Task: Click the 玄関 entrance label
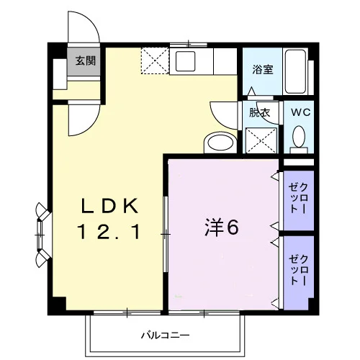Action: (86, 60)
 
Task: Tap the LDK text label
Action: (110, 206)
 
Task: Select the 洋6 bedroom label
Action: (222, 228)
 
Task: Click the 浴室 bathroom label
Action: (263, 69)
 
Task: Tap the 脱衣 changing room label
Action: (259, 112)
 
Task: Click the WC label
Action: (301, 112)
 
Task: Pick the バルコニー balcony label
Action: (165, 335)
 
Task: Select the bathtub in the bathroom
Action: (295, 72)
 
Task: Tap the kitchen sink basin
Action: (185, 61)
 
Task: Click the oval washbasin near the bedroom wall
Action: (220, 143)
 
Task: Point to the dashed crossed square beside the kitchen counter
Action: (155, 60)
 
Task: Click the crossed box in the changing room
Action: (261, 140)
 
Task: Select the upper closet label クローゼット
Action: (299, 198)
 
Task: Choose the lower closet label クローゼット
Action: (299, 271)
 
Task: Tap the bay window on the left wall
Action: (42, 234)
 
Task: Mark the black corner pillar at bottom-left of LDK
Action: (57, 306)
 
